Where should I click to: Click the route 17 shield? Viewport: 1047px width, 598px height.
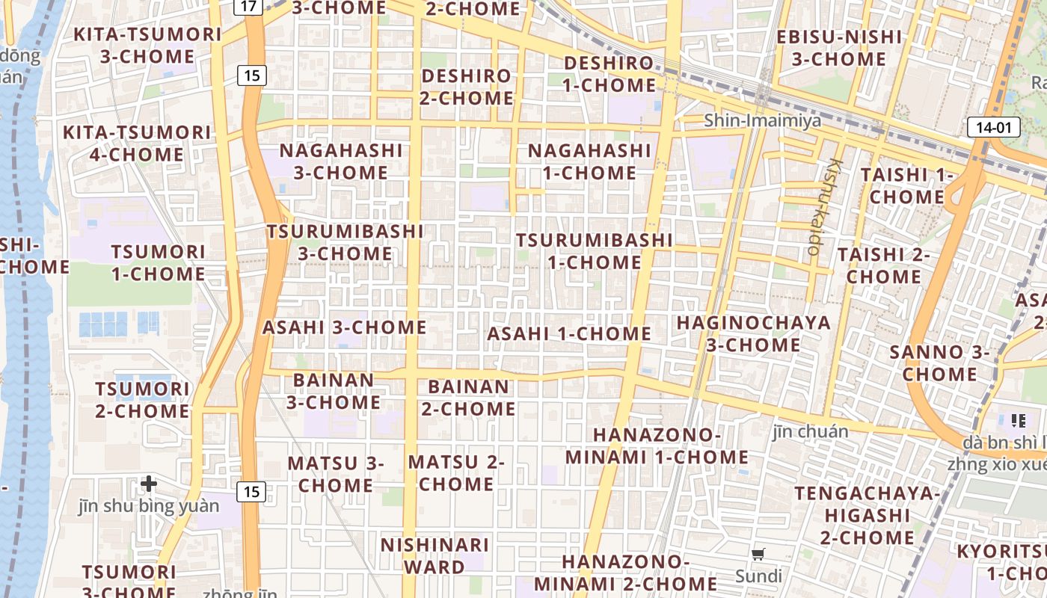point(250,7)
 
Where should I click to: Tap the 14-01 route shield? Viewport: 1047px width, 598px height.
point(993,127)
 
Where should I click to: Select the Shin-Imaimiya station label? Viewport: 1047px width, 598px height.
point(762,120)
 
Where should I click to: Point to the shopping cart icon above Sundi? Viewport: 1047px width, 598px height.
point(758,555)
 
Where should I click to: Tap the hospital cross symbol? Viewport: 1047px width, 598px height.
point(149,484)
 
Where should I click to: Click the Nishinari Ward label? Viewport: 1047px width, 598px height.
point(435,555)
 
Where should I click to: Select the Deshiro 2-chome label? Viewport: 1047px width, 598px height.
point(467,87)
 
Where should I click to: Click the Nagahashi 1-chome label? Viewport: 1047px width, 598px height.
point(589,161)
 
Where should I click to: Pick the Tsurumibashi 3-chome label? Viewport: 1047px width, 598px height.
point(345,242)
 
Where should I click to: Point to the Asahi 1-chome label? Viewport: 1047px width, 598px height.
point(569,333)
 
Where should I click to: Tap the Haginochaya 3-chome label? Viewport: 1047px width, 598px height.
point(753,333)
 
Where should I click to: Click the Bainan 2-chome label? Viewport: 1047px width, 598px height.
point(468,398)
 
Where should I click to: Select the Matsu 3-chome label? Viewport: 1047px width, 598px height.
point(336,474)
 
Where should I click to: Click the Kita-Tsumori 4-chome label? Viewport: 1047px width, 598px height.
point(137,144)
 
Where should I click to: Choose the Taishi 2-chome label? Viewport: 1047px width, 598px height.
point(883,265)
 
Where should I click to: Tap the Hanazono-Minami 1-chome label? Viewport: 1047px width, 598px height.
point(657,446)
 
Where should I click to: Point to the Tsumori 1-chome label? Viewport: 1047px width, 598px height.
point(158,262)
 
